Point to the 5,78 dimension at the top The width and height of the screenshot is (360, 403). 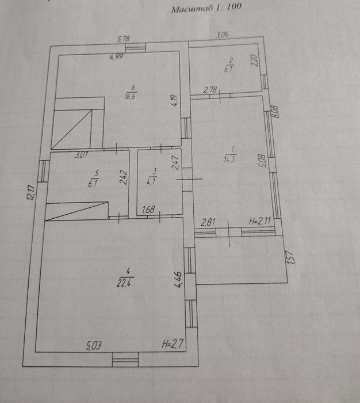tap(124, 39)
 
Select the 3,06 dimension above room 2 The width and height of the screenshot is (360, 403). tap(222, 36)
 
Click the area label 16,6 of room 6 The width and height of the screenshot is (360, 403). tap(130, 97)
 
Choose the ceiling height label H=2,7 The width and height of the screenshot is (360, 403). tap(173, 344)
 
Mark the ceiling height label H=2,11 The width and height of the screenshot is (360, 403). tap(259, 221)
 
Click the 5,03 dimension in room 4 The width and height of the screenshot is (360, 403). tap(95, 345)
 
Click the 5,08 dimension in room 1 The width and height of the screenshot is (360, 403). tap(262, 159)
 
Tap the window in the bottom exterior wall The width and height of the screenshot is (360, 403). tap(125, 360)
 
